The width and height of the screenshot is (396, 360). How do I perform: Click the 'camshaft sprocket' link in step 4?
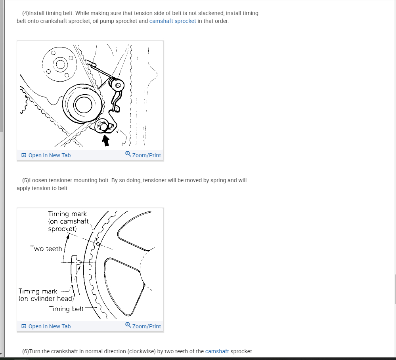(x=172, y=21)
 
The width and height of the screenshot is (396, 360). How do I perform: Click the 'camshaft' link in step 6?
(x=217, y=351)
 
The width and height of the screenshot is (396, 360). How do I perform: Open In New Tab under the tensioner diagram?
(x=46, y=155)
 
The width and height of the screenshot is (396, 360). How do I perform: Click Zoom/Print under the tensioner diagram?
(x=143, y=155)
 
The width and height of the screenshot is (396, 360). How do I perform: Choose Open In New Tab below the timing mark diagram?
(x=46, y=326)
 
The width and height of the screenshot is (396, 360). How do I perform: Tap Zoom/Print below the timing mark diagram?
(x=143, y=326)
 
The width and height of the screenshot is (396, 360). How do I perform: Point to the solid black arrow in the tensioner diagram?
(x=105, y=140)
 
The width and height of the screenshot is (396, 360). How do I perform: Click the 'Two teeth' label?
(x=46, y=248)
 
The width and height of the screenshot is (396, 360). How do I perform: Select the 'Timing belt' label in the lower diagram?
(x=66, y=309)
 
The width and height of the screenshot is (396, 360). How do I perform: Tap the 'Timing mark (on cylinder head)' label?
(x=46, y=295)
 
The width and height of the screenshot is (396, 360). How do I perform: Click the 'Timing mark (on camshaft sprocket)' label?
(x=68, y=221)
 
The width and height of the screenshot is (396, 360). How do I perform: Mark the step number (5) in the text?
(x=25, y=180)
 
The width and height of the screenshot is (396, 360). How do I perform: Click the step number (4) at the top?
(x=25, y=13)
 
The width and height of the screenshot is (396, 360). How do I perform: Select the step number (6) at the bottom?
(x=25, y=351)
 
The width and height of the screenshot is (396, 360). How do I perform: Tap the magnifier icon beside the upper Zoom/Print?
(x=128, y=154)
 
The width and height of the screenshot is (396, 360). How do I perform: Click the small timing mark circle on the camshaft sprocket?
(x=98, y=244)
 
